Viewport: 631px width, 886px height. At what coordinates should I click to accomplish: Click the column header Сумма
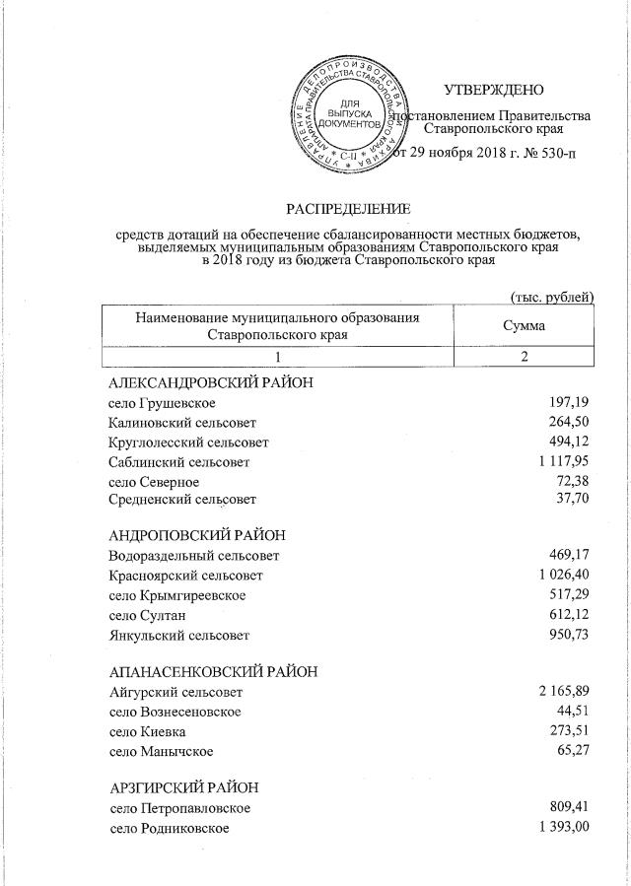pyautogui.click(x=524, y=325)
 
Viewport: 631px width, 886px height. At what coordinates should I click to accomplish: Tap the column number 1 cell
pyautogui.click(x=278, y=357)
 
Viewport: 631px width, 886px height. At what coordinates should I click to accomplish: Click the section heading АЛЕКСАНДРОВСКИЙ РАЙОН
pyautogui.click(x=211, y=382)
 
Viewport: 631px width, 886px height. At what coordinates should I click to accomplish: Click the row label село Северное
pyautogui.click(x=154, y=481)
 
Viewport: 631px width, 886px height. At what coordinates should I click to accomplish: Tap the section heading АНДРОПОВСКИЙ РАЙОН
pyautogui.click(x=197, y=534)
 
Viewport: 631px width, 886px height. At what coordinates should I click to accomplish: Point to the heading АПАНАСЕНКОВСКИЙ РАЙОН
pyautogui.click(x=213, y=671)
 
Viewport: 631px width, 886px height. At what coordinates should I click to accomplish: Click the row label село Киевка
pyautogui.click(x=147, y=731)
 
